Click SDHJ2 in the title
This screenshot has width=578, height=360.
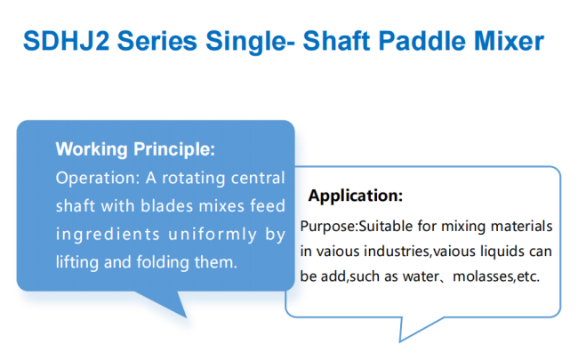click(67, 41)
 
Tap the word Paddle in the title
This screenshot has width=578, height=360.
click(421, 41)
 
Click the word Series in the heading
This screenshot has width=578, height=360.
click(157, 41)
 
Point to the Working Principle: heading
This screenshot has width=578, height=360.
click(135, 149)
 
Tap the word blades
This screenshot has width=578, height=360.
click(167, 205)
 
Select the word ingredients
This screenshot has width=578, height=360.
click(108, 235)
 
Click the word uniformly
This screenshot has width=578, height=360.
click(213, 235)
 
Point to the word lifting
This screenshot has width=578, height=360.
click(77, 262)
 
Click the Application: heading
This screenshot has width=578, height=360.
click(356, 196)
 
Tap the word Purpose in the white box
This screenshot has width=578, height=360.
click(327, 227)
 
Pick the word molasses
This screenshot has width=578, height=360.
click(483, 276)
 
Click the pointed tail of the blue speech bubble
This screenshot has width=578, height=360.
click(186, 316)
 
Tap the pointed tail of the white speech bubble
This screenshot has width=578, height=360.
click(400, 340)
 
